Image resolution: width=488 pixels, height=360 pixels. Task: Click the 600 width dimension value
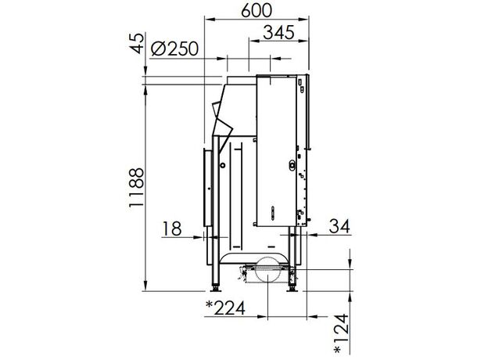coord(257,10)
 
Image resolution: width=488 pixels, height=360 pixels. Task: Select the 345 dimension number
coord(278,32)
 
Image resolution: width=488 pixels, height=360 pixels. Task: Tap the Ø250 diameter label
coord(174,49)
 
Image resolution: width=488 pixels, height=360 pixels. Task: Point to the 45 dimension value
coord(137,43)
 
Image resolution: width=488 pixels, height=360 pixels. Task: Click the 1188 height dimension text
coord(136,188)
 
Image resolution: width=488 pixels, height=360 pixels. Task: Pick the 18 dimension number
coord(172,229)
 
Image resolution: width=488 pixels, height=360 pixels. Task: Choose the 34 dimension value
coord(339,226)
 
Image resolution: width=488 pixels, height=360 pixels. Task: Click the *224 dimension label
coord(225,308)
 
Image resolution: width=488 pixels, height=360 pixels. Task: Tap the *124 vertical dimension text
coord(341,333)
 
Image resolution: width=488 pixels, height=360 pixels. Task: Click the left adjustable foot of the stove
coord(215,288)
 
